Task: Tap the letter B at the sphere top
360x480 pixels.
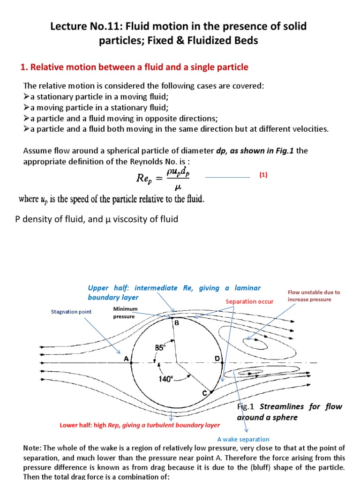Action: tap(176, 323)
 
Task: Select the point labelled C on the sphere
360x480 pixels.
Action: tap(205, 394)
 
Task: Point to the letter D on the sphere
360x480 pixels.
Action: tap(217, 359)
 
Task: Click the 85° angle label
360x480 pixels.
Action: tap(161, 348)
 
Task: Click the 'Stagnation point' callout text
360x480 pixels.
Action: tap(71, 312)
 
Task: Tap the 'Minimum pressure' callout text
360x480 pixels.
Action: tap(124, 313)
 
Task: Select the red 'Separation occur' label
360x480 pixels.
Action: tap(249, 301)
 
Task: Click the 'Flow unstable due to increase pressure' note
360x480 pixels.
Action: tap(314, 295)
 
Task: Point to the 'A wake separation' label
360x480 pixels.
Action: tap(243, 439)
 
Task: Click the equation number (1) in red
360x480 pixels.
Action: tap(263, 175)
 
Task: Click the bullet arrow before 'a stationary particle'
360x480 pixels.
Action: tap(26, 97)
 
